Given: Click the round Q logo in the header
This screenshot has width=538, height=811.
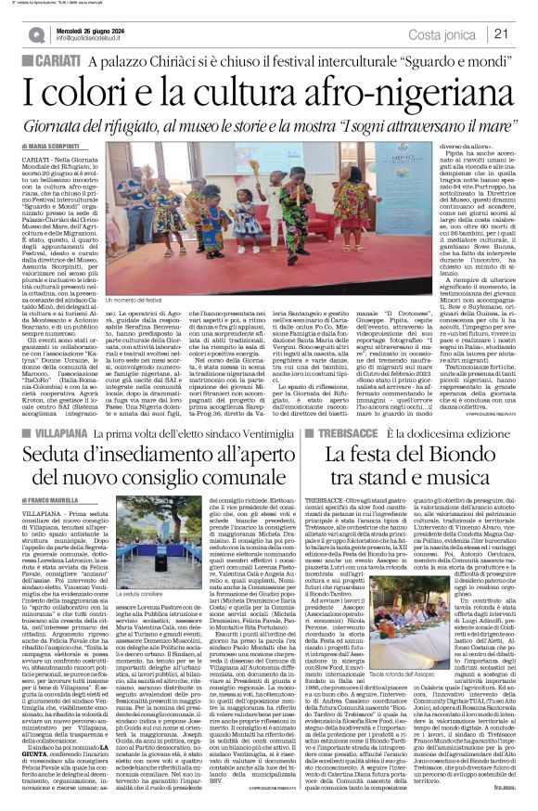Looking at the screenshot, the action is pos(34,34).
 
